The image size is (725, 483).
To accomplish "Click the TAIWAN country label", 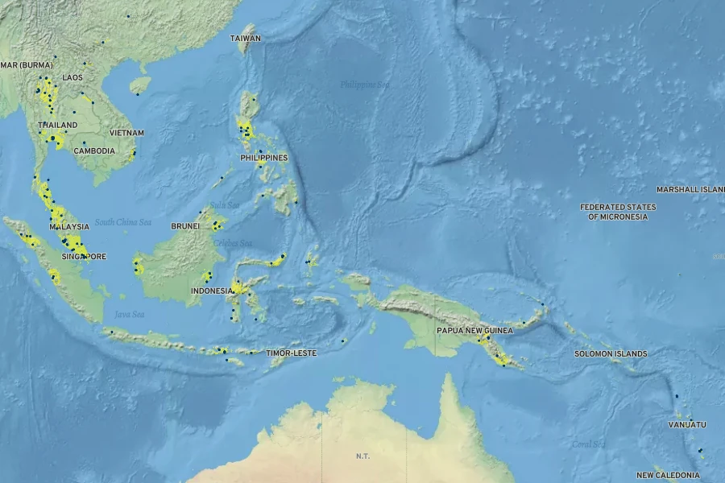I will [245, 38].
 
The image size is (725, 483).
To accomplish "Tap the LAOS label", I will [72, 77].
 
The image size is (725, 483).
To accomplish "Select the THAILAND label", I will [58, 126].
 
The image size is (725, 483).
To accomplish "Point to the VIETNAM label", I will [127, 133].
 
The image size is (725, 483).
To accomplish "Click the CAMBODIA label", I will [94, 151].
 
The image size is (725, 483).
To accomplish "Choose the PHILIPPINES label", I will [263, 158].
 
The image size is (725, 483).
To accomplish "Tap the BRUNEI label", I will [185, 226].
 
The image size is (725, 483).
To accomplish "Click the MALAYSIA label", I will [68, 227].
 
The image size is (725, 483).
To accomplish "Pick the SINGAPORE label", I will [84, 257].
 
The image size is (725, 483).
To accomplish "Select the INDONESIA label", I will [212, 291].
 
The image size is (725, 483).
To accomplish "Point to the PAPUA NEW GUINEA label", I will [474, 330].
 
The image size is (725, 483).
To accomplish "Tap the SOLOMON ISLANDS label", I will [611, 353].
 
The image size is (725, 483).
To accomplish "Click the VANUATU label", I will [687, 424].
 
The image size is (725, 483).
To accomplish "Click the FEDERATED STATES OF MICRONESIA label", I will [618, 212].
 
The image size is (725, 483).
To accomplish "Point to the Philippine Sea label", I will [364, 85].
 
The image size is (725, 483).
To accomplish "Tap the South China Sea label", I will [123, 222].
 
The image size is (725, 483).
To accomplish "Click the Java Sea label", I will [129, 314].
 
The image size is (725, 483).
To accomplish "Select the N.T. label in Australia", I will [362, 456].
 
